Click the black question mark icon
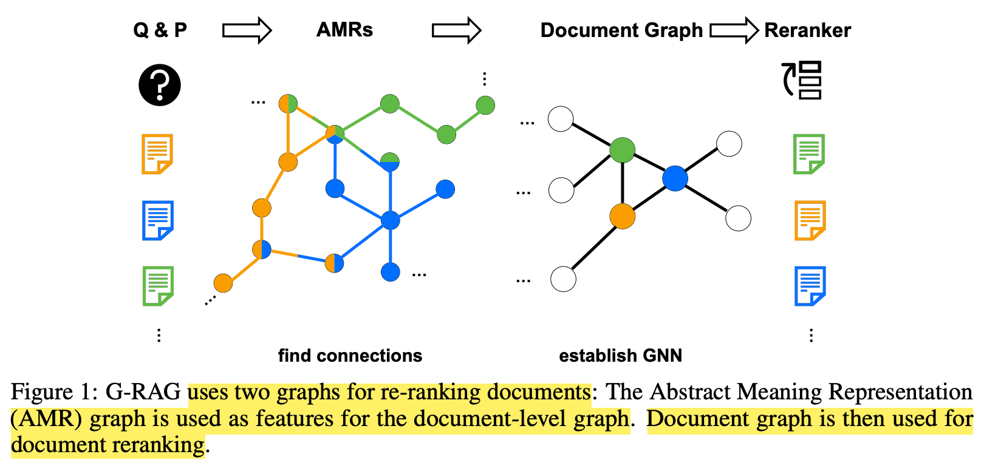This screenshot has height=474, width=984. (160, 85)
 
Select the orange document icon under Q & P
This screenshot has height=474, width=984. (157, 154)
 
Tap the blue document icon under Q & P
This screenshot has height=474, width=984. (157, 220)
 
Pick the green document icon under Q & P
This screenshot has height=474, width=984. (158, 285)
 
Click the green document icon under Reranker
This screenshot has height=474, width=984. (809, 154)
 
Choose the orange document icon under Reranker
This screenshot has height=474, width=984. (810, 220)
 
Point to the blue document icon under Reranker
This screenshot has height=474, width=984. (810, 285)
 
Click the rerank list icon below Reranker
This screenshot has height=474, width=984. (802, 80)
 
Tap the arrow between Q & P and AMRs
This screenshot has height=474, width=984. (247, 30)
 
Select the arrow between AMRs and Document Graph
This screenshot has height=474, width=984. (456, 30)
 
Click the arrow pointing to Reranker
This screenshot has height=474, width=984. (734, 30)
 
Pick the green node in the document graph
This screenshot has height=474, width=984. (622, 150)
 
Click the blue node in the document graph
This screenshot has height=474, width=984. (675, 178)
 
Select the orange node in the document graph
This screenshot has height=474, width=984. (622, 216)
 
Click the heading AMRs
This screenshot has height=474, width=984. (344, 30)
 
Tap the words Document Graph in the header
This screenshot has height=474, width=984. (621, 30)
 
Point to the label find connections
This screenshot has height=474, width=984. (350, 356)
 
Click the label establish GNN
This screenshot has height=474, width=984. (620, 356)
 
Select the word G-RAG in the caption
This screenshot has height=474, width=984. (143, 392)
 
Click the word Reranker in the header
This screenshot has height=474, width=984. (807, 30)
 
